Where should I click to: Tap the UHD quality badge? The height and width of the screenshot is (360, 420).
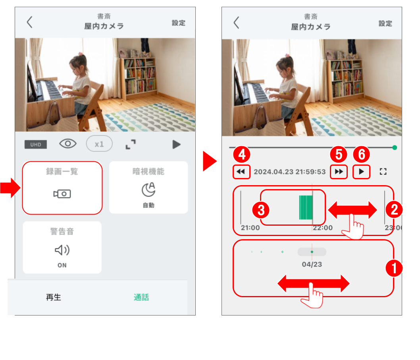click(36, 145)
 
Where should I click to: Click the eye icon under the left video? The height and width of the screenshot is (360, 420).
click(68, 144)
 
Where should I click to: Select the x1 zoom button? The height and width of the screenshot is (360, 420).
click(99, 144)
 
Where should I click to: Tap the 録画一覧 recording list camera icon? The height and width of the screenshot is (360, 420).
click(62, 194)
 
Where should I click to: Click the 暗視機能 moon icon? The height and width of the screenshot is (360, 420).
click(148, 189)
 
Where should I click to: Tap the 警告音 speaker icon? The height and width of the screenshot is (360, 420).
click(62, 250)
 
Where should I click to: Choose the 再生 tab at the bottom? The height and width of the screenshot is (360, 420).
click(54, 297)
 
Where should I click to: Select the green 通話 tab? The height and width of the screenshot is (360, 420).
click(141, 297)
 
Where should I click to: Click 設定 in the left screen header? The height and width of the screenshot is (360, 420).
click(178, 23)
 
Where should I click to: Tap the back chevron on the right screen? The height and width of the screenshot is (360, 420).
click(236, 23)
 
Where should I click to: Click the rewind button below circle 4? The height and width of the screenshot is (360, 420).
click(241, 172)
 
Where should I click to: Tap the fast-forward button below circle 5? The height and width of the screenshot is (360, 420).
click(339, 172)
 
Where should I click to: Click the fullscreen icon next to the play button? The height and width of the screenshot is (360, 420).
click(383, 172)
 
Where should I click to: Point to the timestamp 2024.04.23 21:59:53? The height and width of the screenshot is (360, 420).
click(289, 172)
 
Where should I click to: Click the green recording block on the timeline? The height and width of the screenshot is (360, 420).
click(306, 207)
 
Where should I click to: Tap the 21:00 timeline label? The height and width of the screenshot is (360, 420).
click(250, 228)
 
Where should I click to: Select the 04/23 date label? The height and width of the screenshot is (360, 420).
click(312, 264)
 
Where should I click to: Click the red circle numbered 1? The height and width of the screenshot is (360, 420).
click(394, 268)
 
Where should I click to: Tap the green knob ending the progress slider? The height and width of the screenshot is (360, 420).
click(395, 147)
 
